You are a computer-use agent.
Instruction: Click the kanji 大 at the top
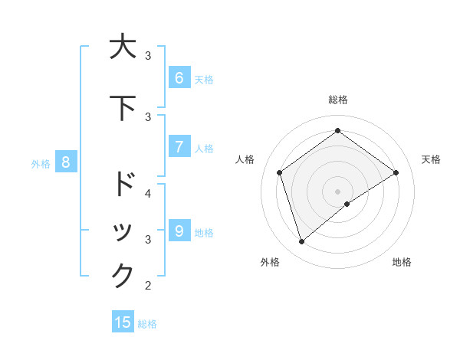tap(123, 47)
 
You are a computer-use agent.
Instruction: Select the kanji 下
tap(123, 108)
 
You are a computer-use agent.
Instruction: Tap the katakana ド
tap(123, 185)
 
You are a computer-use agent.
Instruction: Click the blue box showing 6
tap(179, 77)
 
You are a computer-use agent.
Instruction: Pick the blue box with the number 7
tap(179, 146)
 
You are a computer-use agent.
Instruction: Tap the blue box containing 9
tap(179, 231)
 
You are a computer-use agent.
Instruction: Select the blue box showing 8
tap(66, 162)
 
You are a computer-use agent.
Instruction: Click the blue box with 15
tap(123, 322)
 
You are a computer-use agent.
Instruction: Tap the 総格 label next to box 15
tap(147, 324)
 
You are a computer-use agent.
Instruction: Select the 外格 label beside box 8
tap(41, 163)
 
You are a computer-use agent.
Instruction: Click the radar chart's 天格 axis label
tap(431, 159)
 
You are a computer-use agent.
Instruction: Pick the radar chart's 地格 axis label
tap(402, 262)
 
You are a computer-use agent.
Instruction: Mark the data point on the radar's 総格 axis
tap(337, 130)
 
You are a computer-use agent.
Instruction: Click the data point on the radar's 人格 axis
tap(280, 172)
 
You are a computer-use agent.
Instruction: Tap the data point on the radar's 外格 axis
tap(301, 242)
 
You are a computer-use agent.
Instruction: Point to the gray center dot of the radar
tap(337, 191)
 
